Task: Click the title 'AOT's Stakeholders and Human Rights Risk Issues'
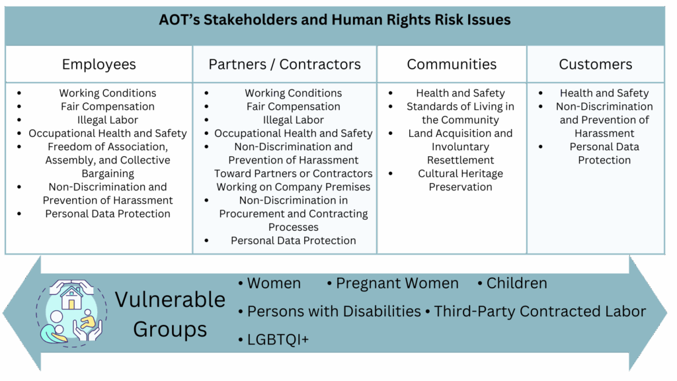click(335, 20)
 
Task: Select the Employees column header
click(99, 64)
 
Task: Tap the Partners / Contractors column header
click(284, 64)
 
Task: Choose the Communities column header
click(452, 64)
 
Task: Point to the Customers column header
click(596, 64)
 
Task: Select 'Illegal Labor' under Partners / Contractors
click(293, 120)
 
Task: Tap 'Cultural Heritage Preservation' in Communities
click(460, 180)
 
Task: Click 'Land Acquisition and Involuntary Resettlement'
click(460, 147)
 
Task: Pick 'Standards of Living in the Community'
click(460, 113)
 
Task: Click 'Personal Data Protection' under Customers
click(604, 153)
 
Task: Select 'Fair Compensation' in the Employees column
click(108, 106)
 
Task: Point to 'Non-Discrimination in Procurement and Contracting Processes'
click(293, 214)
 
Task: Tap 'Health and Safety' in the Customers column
click(604, 93)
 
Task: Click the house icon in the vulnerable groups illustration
click(71, 297)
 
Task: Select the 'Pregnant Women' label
click(397, 283)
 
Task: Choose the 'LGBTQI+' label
click(278, 339)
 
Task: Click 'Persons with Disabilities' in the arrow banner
click(334, 312)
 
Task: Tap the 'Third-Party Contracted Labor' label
click(539, 312)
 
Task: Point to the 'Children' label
click(517, 283)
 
